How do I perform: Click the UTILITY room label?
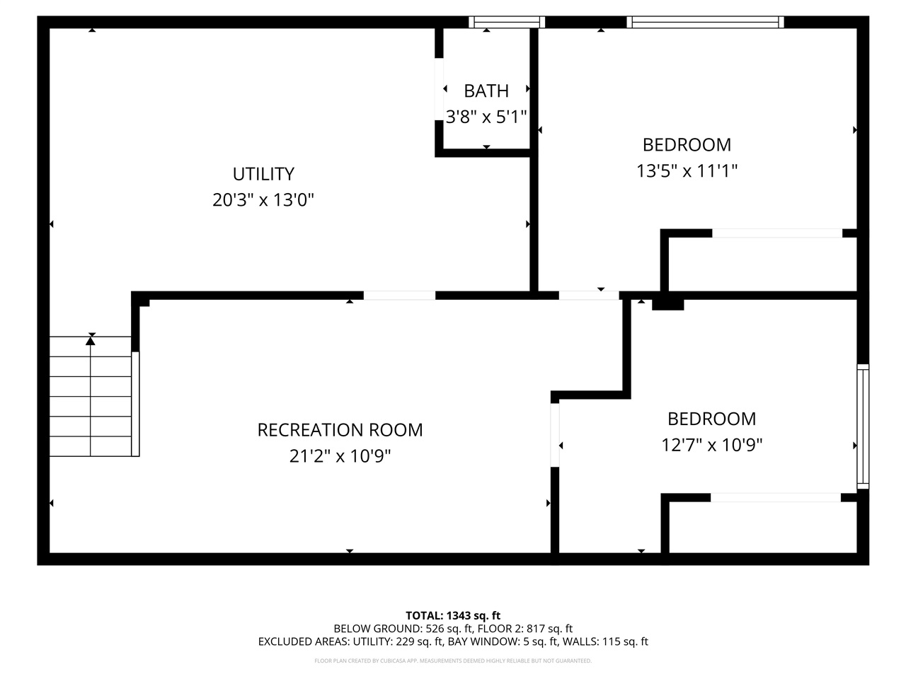263,174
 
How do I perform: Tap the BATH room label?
486,91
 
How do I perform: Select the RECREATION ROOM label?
340,430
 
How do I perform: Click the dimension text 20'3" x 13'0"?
263,200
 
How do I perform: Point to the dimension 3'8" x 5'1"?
486,117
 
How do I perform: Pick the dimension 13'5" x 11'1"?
687,171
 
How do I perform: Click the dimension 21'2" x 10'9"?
340,456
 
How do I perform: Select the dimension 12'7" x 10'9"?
711,445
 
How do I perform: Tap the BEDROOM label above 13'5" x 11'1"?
687,145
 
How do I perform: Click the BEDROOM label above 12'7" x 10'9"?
711,419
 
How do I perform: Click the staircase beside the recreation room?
91,396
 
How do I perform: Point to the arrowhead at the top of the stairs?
91,341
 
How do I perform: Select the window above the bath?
507,23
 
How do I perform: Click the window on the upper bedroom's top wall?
706,23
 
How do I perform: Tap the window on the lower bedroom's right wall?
863,426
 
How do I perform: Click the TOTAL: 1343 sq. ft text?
453,615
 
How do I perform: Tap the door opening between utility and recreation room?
399,296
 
